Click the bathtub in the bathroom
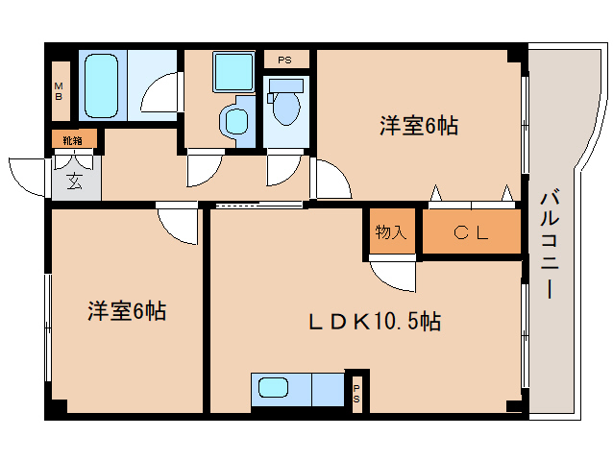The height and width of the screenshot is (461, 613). pyautogui.click(x=101, y=85)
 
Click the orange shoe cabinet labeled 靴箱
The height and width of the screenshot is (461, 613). pyautogui.click(x=73, y=140)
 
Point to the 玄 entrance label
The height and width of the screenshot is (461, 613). pyautogui.click(x=73, y=180)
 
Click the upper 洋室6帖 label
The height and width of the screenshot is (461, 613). pyautogui.click(x=417, y=125)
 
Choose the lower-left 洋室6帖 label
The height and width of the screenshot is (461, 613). pyautogui.click(x=128, y=311)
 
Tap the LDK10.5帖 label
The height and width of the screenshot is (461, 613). pyautogui.click(x=374, y=322)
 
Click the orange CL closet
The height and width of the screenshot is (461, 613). pyautogui.click(x=472, y=231)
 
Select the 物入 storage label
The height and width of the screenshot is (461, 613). pyautogui.click(x=391, y=231)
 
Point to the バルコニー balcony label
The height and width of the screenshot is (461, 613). pyautogui.click(x=552, y=245)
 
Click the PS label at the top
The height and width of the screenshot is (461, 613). pyautogui.click(x=284, y=61)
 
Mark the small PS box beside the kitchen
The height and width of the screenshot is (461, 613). pyautogui.click(x=356, y=393)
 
